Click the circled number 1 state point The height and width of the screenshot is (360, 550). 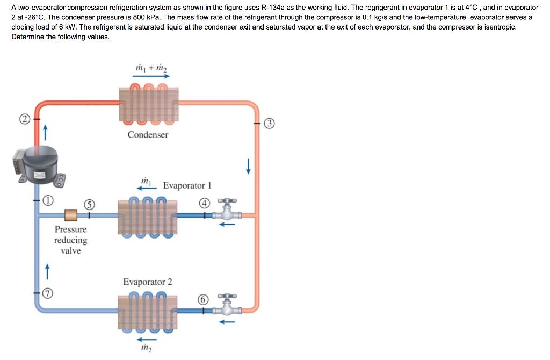pos(48,200)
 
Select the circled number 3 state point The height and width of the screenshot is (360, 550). pos(270,124)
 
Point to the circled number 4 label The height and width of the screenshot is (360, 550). pos(204,203)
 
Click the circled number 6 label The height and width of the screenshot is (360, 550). pos(202,299)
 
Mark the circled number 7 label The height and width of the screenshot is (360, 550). pos(48,293)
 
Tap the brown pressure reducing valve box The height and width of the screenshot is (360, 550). pos(71,215)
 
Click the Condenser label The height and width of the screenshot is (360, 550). pos(148,135)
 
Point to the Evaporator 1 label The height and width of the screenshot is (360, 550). pos(187,185)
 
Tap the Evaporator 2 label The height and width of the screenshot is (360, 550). pos(148,282)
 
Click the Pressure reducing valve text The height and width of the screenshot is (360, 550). pos(70,240)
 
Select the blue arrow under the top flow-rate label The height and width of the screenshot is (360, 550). pos(151,76)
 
